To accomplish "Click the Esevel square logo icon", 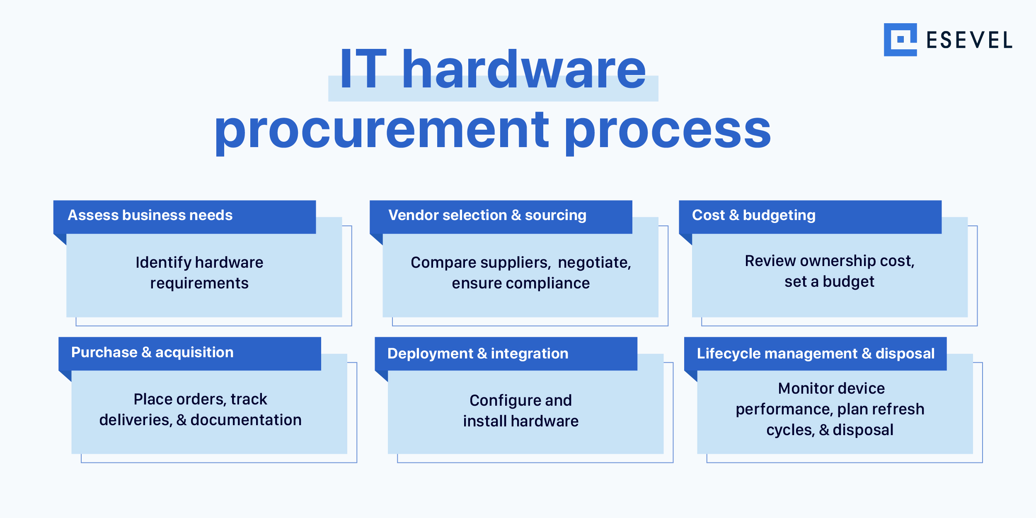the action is (900, 40).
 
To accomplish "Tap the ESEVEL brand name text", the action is (969, 40).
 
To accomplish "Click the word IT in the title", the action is (363, 69).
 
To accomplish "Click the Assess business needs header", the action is (150, 215).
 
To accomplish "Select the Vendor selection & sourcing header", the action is (487, 215).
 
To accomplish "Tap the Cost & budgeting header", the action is (754, 215).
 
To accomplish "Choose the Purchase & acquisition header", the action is (152, 352).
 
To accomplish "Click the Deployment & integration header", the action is (478, 353).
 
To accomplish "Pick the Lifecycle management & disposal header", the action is (816, 353).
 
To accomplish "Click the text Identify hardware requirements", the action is (199, 273).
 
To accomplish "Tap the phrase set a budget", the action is (829, 282).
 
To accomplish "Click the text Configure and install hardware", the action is (521, 411).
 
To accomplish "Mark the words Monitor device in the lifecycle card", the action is (831, 388).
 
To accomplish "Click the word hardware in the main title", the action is (524, 69).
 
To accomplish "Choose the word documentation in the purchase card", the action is (246, 420).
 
